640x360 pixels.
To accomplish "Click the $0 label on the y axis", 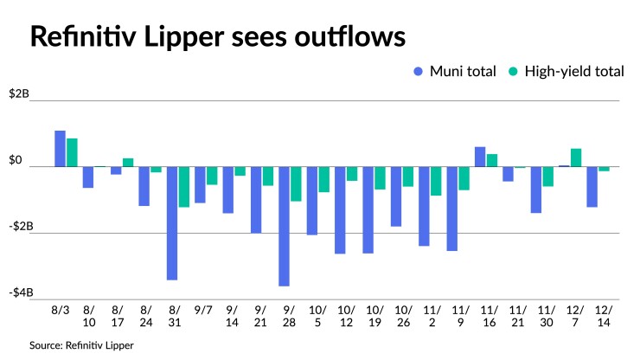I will (x=16, y=160).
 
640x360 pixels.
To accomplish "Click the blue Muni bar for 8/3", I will (x=60, y=148).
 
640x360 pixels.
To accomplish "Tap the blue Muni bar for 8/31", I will (x=172, y=222).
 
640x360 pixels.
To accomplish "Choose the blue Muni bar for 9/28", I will (x=284, y=226).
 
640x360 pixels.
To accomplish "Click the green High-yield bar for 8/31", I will (x=184, y=186).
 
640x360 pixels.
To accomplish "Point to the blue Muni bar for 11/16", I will (x=480, y=157).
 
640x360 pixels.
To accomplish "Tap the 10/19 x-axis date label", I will (x=374, y=315).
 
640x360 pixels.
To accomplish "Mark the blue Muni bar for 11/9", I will (x=451, y=209).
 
